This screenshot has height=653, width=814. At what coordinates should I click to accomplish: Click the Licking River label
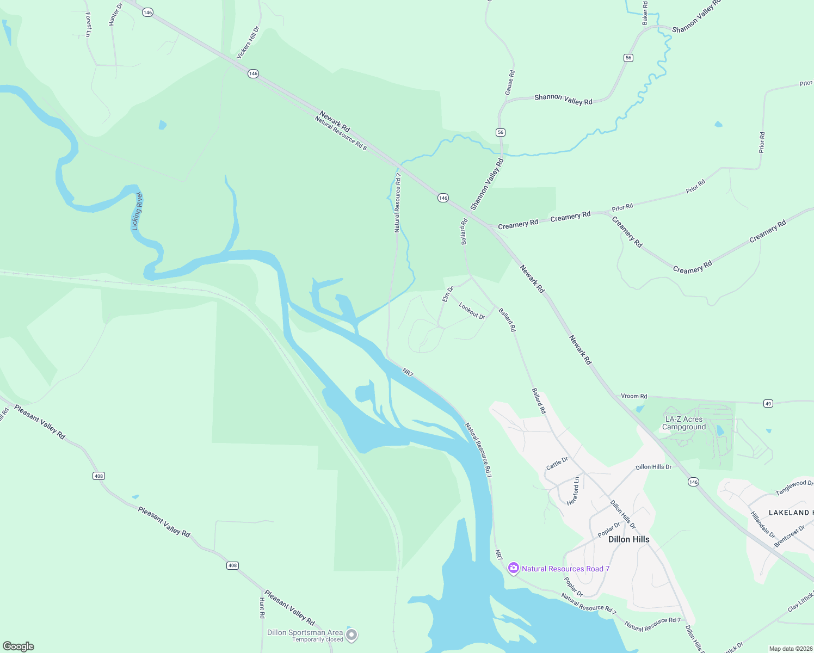[x=137, y=211]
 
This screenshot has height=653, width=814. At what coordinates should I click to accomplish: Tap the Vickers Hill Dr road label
[x=248, y=43]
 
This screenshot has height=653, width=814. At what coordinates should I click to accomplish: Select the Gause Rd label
[x=509, y=82]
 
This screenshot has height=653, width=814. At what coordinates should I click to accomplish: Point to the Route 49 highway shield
[x=768, y=403]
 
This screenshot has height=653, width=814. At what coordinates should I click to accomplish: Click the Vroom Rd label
[x=634, y=396]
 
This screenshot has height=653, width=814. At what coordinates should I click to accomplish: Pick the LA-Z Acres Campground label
[x=684, y=423]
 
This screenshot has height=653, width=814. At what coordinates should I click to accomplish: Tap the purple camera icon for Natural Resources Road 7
[x=513, y=569]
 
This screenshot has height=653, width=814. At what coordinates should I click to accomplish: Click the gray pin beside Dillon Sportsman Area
[x=352, y=635]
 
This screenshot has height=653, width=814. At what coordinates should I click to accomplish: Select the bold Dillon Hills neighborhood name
[x=628, y=539]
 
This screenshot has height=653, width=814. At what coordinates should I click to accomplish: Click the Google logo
[x=18, y=646]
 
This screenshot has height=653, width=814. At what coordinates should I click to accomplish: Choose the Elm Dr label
[x=447, y=294]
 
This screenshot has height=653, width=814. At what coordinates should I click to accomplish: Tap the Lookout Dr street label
[x=472, y=311]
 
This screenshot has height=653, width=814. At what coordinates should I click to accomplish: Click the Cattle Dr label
[x=557, y=464]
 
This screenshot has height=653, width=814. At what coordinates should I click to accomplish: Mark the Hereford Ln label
[x=573, y=491]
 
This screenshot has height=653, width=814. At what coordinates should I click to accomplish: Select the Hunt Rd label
[x=262, y=607]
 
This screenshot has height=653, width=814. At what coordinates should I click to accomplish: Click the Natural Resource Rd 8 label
[x=341, y=132]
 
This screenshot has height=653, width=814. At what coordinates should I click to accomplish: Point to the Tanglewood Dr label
[x=794, y=487]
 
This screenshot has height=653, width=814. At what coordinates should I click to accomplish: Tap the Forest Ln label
[x=89, y=25]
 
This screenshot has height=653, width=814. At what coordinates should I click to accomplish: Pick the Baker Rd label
[x=645, y=13]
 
